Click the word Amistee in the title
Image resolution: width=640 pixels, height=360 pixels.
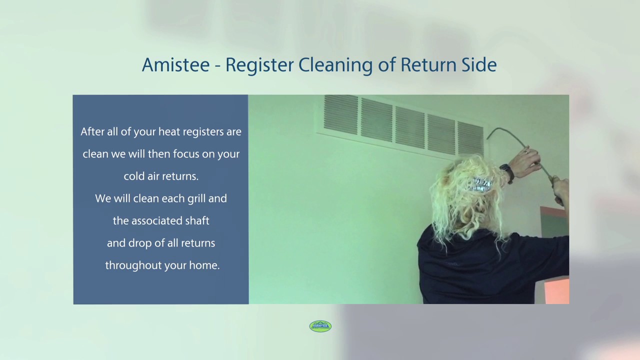tap(175, 65)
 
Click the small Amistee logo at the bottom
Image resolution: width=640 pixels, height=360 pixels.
tap(320, 326)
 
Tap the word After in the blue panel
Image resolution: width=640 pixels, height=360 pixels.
tap(92, 132)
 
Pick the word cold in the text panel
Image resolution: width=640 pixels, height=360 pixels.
tap(134, 176)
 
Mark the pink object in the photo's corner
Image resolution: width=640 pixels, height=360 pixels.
tap(556, 292)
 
